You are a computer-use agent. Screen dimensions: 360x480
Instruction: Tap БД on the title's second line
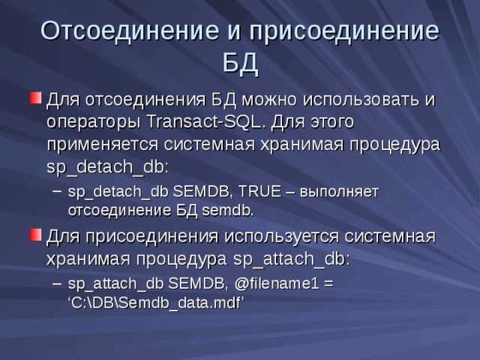coord(240,65)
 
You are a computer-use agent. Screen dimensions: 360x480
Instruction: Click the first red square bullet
coord(34,97)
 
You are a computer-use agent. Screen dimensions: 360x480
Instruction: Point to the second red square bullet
coord(34,235)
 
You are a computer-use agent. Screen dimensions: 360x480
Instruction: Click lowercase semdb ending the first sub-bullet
coord(227,209)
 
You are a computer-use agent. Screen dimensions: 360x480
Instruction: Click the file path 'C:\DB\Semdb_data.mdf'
coord(157,302)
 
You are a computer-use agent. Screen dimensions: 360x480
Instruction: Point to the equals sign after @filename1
coord(328,284)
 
